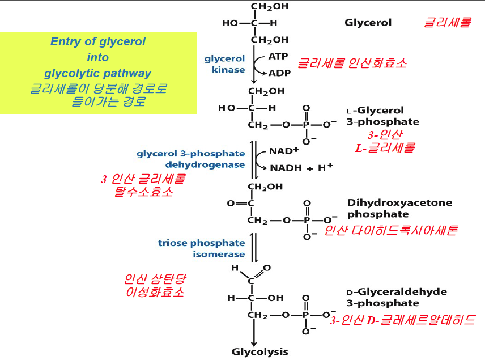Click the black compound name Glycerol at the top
[x=368, y=23]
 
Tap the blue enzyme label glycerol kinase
[x=225, y=64]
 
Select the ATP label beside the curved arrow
[x=278, y=57]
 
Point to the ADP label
[x=279, y=73]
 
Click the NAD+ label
[x=284, y=151]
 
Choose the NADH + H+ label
[x=301, y=168]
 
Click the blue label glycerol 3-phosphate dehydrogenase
[x=191, y=159]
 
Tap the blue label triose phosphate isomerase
[x=202, y=248]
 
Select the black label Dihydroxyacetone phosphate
[x=384, y=208]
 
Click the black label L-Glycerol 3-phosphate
[x=382, y=116]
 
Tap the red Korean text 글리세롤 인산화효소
[x=352, y=63]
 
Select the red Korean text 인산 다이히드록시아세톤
[x=390, y=230]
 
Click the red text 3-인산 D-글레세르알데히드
[x=402, y=319]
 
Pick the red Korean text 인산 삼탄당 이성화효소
[x=155, y=286]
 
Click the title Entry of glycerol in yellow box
[x=98, y=41]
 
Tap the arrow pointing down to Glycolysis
[x=254, y=334]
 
